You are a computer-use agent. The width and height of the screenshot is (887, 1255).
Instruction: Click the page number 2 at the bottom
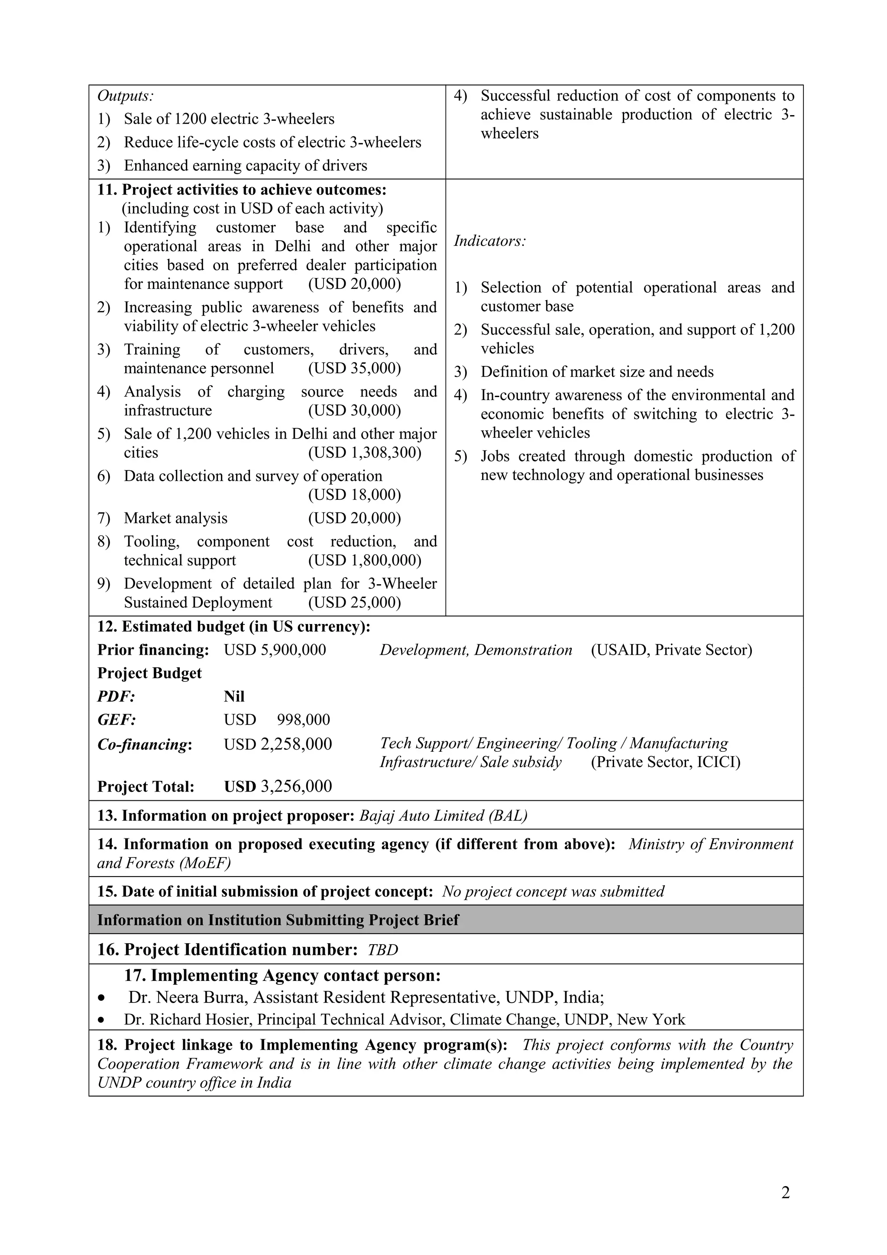point(785,1193)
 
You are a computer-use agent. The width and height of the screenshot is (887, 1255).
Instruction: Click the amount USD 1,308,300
point(365,453)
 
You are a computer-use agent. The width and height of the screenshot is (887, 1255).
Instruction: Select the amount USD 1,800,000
point(365,560)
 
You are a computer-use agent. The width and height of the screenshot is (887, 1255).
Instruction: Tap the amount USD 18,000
point(354,495)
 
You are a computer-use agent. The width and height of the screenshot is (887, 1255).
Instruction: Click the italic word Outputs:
point(125,96)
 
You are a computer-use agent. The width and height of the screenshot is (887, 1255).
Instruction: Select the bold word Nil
point(234,696)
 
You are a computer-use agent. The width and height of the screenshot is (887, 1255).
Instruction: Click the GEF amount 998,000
point(303,720)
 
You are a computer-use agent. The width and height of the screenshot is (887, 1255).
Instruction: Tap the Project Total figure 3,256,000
point(296,786)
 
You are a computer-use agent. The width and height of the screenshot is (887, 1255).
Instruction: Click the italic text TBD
point(382,950)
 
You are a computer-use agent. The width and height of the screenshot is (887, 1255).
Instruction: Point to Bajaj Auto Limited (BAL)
point(443,816)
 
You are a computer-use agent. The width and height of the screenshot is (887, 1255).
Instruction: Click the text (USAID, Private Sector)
point(671,650)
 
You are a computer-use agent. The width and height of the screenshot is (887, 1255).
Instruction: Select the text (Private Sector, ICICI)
point(665,762)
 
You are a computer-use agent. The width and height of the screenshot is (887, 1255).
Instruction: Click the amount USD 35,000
point(354,369)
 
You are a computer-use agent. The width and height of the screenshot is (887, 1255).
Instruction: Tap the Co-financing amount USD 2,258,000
point(278,744)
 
